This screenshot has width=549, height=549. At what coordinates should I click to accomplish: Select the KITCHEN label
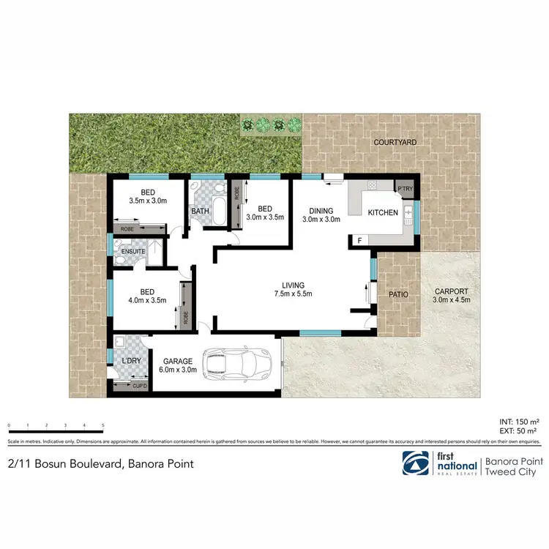pos(383,213)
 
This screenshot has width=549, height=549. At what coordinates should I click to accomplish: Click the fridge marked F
pos(359,240)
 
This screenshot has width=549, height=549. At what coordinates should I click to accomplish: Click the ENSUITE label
pos(134,252)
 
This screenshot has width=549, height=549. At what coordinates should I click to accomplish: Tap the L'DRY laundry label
pos(131,361)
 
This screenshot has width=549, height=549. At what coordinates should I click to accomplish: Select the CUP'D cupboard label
pos(139,385)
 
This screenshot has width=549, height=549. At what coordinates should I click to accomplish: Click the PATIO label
pos(398,294)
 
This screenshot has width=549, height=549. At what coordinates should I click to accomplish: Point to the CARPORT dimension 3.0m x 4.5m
pos(449,299)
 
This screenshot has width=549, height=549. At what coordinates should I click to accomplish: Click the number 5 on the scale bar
pos(103,425)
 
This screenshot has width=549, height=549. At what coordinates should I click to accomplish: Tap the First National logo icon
pos(415,463)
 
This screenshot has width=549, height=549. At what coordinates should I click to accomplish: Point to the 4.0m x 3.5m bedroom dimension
pos(147,299)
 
